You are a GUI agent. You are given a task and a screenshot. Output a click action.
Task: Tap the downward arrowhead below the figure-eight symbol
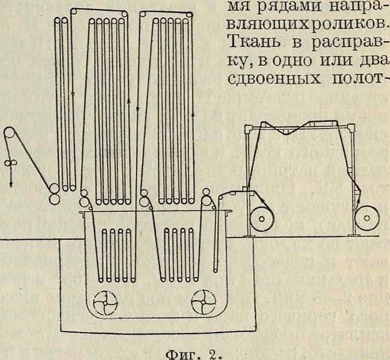(x=10, y=184)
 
